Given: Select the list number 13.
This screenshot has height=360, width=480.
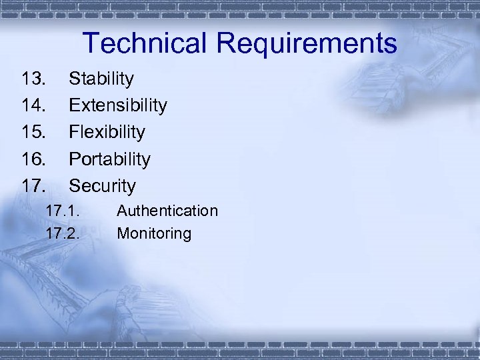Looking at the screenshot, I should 34,79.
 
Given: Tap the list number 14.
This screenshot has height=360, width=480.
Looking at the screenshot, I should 34,106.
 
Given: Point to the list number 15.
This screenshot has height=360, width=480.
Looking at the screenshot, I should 34,133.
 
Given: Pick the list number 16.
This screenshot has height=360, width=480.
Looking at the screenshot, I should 34,159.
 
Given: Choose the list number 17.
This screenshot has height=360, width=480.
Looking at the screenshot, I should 34,186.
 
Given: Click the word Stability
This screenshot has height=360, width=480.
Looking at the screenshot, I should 101,79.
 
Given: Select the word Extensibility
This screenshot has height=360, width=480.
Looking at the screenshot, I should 118,106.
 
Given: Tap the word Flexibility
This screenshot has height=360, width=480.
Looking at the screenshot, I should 107,133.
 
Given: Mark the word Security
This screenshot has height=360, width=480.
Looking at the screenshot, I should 102,186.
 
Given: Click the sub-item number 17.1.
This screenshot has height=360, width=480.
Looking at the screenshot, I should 63,211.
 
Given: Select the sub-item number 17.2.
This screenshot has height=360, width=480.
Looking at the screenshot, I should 63,234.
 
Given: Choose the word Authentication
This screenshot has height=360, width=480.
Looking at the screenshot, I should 167,211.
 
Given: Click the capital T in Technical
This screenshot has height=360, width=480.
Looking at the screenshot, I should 92,43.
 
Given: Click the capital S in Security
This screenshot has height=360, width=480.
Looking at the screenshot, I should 75,186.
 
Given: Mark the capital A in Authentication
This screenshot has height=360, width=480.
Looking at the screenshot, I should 122,211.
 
